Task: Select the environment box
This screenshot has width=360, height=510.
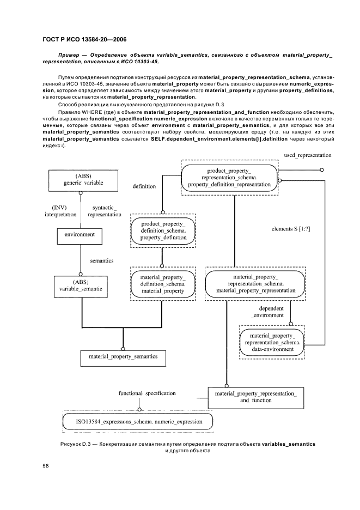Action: tap(80, 235)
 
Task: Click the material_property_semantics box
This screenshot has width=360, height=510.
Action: tap(119, 356)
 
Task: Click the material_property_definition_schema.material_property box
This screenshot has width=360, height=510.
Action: tap(163, 284)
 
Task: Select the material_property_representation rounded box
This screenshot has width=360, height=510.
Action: tap(255, 284)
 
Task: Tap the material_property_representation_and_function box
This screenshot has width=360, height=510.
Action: tap(255, 397)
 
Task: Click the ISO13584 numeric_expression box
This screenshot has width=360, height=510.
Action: tap(139, 422)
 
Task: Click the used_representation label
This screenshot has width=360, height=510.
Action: tap(307, 155)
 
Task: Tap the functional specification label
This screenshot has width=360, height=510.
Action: tap(147, 393)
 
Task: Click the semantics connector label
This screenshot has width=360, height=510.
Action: tap(101, 260)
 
